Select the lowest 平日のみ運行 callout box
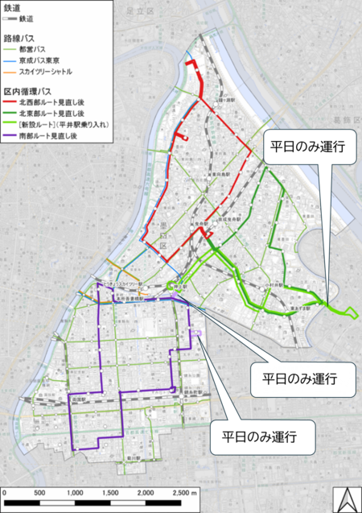coord(257,440)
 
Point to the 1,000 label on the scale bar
coord(75,491)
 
